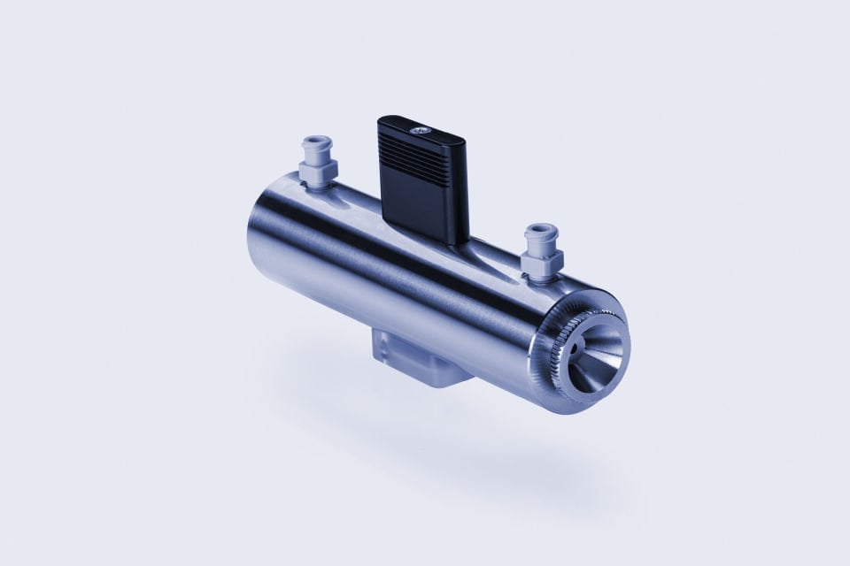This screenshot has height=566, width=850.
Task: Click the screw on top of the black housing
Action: (x=420, y=129)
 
